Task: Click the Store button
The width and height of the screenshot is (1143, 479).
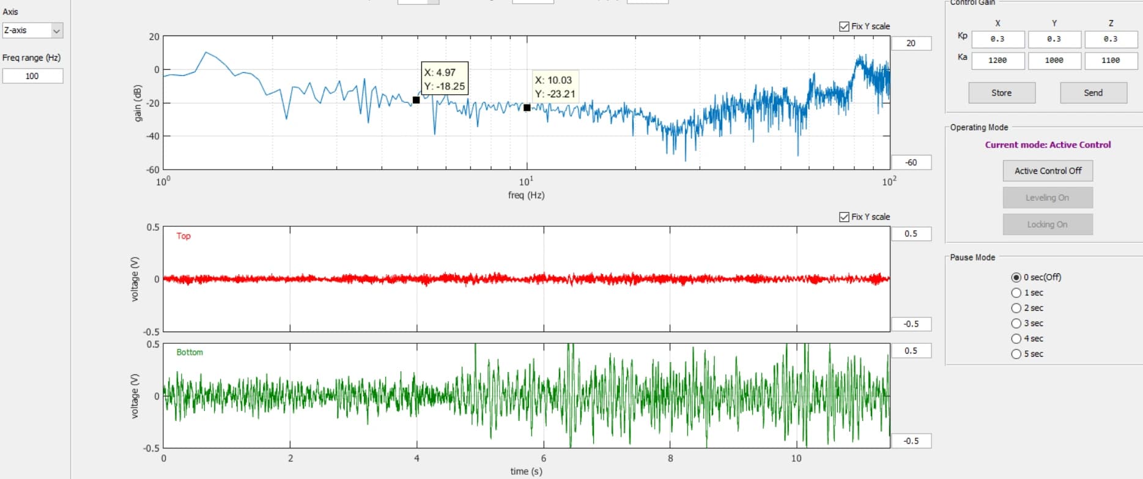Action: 1002,93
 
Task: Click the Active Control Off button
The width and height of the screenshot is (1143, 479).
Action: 1048,171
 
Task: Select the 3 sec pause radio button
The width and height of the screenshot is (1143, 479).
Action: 1016,323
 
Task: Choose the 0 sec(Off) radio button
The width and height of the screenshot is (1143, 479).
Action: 1016,277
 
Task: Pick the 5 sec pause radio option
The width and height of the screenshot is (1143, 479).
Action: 1016,354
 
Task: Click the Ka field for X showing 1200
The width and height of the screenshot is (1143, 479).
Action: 997,61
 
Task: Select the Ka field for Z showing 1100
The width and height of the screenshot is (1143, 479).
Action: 1111,61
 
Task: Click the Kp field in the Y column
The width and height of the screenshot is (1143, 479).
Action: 1054,39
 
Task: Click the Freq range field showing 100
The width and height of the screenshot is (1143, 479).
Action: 32,76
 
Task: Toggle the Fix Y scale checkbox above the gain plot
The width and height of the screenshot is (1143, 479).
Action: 845,26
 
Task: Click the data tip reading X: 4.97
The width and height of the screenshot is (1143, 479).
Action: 445,79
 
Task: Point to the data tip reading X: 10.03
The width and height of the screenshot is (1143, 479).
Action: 555,87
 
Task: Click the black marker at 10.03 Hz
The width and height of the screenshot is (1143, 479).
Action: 527,108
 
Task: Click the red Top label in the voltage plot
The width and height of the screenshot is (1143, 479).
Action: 183,236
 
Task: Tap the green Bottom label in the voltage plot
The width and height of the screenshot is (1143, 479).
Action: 190,352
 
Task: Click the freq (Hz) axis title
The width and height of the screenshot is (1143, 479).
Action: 526,195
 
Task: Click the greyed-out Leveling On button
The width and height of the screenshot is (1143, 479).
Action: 1048,198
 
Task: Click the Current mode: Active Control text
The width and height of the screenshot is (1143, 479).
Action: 1048,145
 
